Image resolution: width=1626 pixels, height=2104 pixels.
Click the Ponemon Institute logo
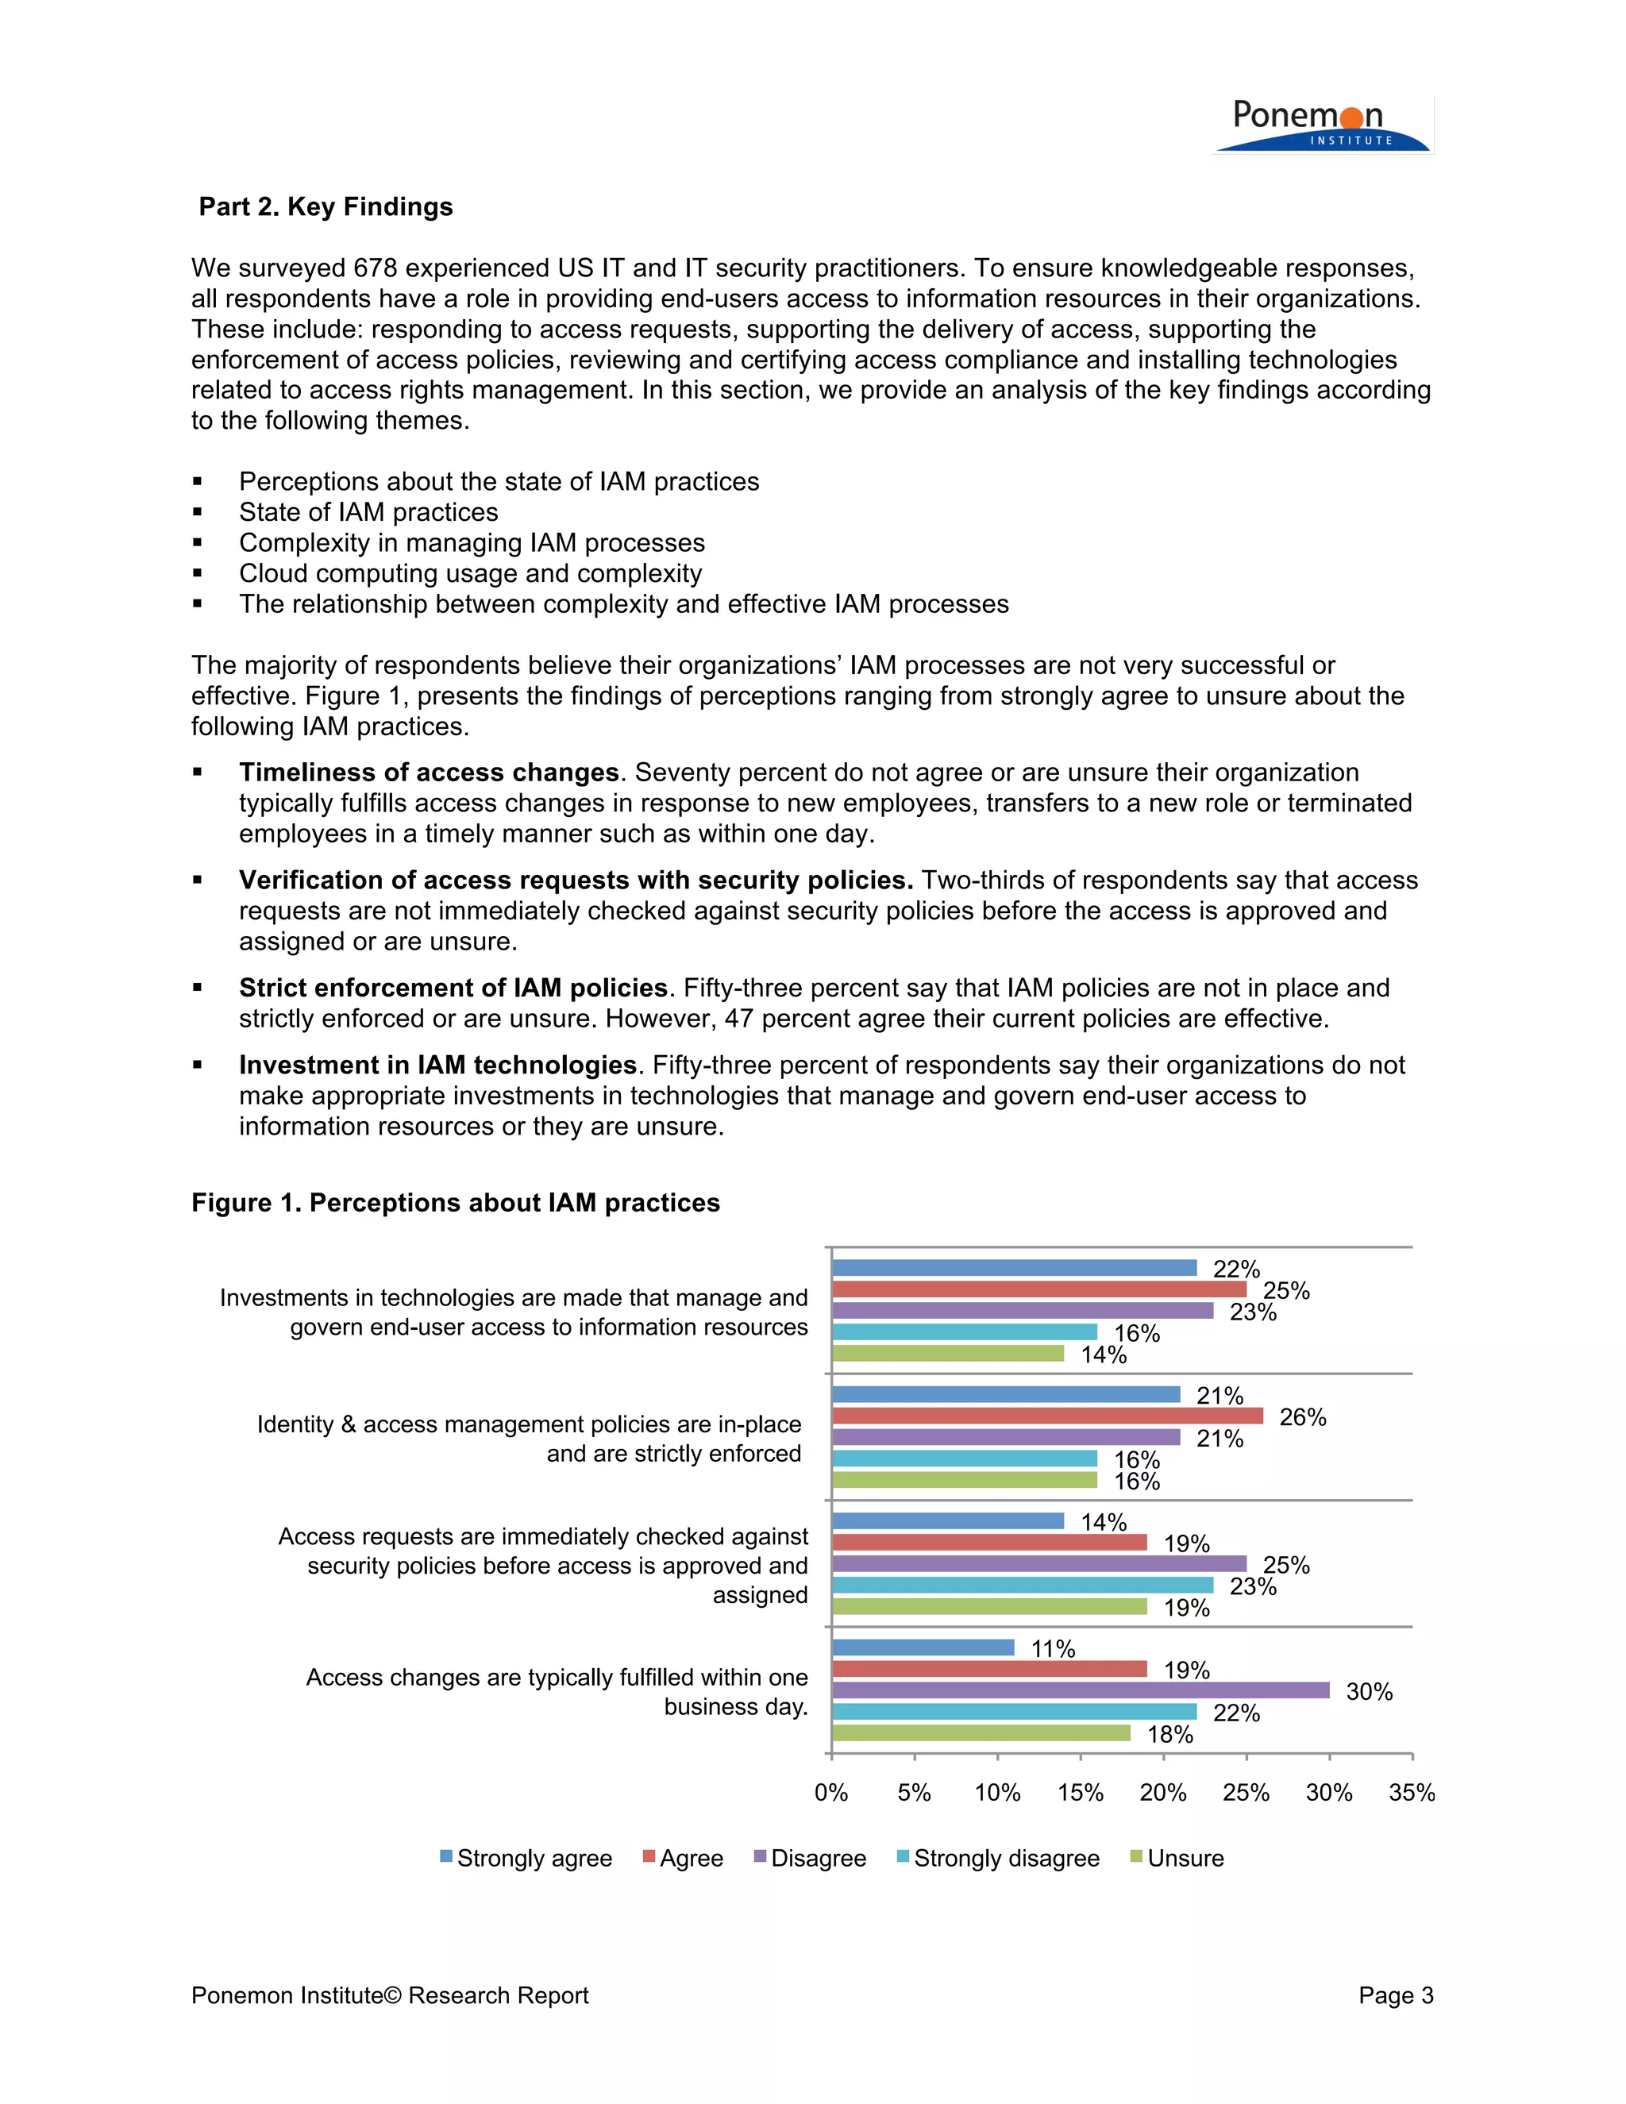point(1322,125)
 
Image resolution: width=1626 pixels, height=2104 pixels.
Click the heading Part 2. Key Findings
point(326,207)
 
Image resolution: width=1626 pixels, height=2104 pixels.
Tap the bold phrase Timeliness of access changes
point(429,773)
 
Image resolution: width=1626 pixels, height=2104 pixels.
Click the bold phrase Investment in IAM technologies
point(438,1065)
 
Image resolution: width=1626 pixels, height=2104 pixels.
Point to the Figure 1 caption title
point(456,1202)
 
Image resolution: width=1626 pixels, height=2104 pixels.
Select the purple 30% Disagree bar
point(1079,1690)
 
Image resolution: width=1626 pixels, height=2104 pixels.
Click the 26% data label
point(1302,1417)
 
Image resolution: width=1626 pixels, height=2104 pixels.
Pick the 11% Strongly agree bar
point(922,1647)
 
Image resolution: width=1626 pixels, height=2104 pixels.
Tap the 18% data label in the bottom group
point(1169,1734)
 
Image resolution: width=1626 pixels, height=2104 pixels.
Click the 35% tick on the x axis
point(1411,1793)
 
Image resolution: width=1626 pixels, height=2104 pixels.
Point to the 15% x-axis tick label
point(1080,1793)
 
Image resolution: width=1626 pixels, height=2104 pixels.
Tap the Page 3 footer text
point(1396,1995)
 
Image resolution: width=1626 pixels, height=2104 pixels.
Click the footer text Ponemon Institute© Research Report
point(389,1995)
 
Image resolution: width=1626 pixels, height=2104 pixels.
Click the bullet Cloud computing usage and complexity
point(470,573)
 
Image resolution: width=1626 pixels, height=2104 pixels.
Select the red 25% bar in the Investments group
point(1038,1289)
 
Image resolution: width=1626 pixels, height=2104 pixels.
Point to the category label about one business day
point(557,1692)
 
